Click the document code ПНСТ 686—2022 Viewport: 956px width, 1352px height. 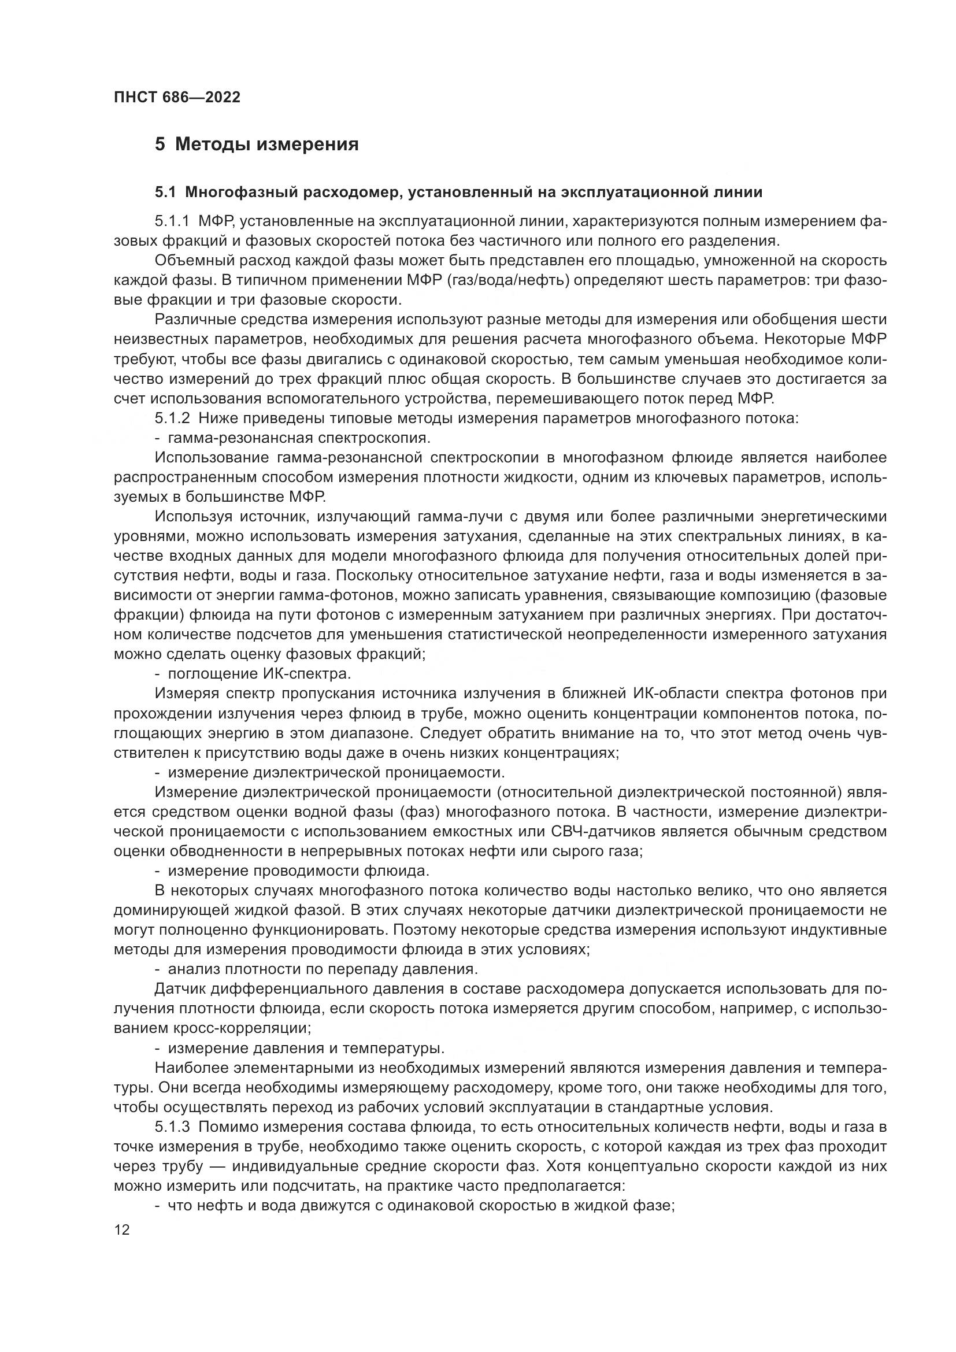click(x=177, y=97)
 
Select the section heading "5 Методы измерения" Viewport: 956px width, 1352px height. click(x=257, y=145)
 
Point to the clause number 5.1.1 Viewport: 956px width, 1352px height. click(x=172, y=221)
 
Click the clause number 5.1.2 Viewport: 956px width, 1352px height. click(x=172, y=418)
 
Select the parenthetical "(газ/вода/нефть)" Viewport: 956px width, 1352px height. click(x=509, y=280)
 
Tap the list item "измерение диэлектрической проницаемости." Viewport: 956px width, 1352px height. click(x=336, y=772)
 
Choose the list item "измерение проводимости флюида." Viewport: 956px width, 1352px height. click(x=298, y=871)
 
